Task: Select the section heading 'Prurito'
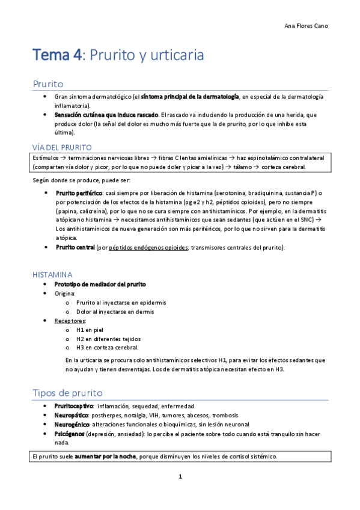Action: pyautogui.click(x=48, y=84)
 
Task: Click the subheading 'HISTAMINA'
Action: pyautogui.click(x=52, y=274)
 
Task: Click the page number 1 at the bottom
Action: pyautogui.click(x=180, y=477)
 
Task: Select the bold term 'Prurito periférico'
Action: pyautogui.click(x=79, y=192)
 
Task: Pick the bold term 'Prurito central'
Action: pyautogui.click(x=75, y=247)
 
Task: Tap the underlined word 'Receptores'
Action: pyautogui.click(x=70, y=321)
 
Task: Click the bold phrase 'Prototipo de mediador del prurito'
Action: pyautogui.click(x=100, y=284)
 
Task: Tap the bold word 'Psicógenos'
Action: pyautogui.click(x=70, y=433)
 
